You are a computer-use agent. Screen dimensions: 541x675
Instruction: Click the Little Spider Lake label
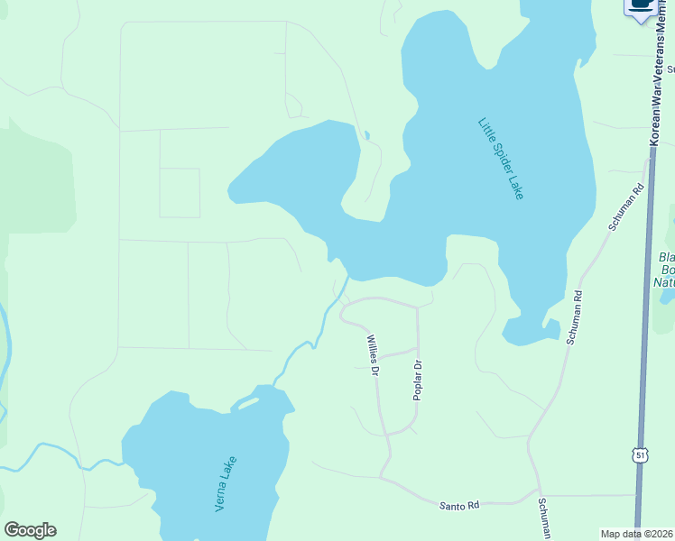[501, 158]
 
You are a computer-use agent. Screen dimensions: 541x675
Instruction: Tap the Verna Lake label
[227, 484]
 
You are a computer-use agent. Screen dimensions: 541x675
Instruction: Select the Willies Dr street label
[371, 355]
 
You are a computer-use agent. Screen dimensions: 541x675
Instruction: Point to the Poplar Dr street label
[417, 381]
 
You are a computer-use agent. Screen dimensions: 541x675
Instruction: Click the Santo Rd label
[458, 506]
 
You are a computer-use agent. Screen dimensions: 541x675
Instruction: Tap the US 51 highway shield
[640, 457]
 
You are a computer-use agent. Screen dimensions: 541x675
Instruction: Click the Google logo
[30, 530]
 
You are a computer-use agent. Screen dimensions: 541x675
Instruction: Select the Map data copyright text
[636, 534]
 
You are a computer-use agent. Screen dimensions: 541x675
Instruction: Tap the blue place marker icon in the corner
[642, 8]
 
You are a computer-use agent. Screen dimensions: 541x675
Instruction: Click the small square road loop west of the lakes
[180, 192]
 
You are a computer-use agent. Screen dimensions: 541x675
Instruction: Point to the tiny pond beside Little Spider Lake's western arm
[365, 136]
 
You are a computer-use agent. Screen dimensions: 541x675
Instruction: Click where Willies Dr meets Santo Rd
[382, 477]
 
